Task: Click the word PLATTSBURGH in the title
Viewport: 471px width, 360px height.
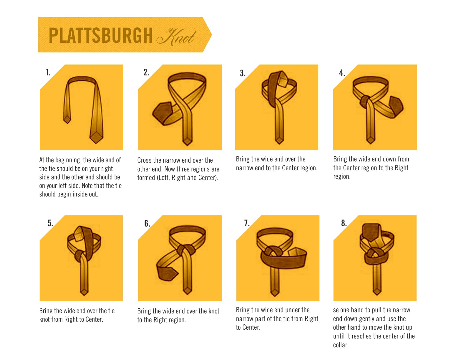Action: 100,35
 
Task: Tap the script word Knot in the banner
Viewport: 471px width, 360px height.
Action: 176,37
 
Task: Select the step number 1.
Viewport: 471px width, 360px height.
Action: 48,72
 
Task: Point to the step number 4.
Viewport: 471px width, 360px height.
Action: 342,73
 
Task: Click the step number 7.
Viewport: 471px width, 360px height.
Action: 247,223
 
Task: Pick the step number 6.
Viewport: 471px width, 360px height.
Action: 147,224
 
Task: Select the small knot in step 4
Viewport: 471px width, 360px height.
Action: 364,101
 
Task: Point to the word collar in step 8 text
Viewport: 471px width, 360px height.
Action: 341,345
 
